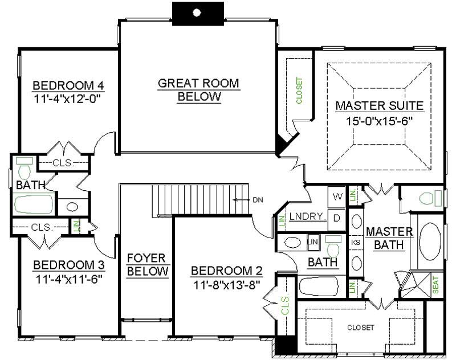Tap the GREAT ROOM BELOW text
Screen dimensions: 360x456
point(198,90)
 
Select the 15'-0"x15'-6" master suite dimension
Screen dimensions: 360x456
point(378,121)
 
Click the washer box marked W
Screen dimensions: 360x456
point(337,197)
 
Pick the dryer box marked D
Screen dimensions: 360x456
point(337,217)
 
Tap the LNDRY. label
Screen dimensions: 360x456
point(307,216)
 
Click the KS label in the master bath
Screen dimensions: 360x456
point(356,242)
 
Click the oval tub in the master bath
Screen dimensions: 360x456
point(431,242)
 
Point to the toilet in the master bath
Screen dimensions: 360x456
point(429,199)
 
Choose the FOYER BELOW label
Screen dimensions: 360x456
point(148,264)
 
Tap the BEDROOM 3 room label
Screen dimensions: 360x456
point(68,265)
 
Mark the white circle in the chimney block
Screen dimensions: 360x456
point(197,11)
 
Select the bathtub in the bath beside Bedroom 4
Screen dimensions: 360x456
point(34,204)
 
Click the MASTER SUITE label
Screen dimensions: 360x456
point(379,106)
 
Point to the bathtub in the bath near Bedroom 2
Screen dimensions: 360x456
point(321,285)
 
